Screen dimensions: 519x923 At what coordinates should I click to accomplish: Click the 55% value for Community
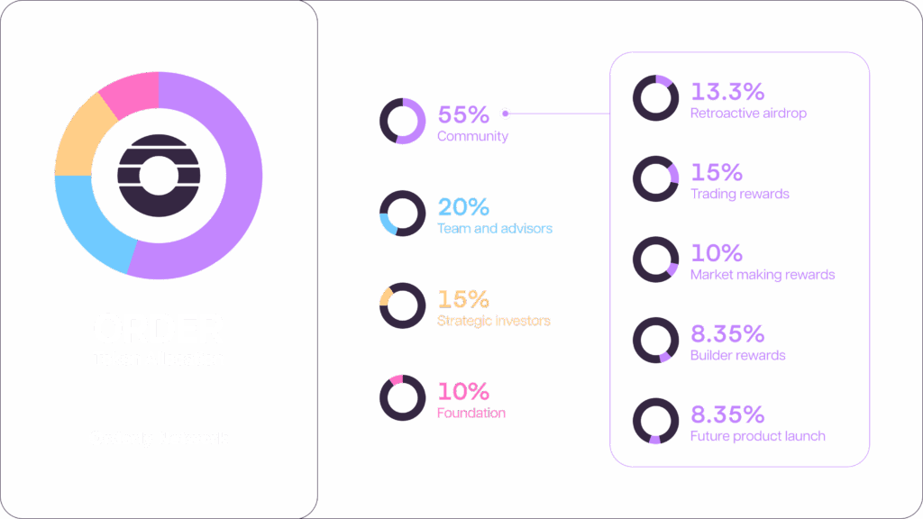[x=462, y=115]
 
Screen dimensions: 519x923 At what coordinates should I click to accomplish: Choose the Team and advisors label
[x=494, y=229]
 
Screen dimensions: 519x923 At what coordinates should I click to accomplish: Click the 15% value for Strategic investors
[x=462, y=298]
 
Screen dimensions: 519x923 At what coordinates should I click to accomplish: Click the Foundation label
[x=471, y=413]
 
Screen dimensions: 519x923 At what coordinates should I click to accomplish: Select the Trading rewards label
[x=739, y=194]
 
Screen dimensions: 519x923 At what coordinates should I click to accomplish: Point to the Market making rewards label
[x=763, y=274]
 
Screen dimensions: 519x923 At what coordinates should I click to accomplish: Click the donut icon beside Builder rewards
[x=655, y=341]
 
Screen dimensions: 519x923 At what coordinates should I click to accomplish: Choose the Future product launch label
[x=757, y=436]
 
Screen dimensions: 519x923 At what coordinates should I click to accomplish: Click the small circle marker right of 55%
[x=505, y=114]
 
